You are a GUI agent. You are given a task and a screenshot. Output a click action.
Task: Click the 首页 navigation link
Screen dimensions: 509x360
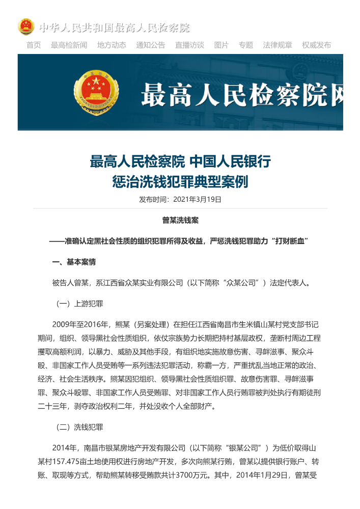34,45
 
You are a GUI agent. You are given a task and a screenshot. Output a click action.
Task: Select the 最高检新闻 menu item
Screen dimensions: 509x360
69,45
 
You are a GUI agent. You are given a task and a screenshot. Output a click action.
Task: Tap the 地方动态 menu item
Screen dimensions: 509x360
112,45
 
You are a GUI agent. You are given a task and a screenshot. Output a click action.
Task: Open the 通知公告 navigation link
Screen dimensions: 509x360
150,45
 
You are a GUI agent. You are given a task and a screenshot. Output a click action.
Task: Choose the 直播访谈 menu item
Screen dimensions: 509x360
189,45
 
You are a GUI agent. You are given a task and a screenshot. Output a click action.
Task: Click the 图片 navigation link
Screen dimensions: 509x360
221,45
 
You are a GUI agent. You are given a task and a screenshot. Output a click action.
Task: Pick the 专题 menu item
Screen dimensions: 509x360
246,45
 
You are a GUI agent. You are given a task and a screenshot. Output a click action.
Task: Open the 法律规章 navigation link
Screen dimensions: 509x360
278,45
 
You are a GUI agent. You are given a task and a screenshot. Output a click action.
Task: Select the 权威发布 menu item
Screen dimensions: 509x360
316,45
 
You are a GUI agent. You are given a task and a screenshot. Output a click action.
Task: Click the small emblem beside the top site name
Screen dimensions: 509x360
26,26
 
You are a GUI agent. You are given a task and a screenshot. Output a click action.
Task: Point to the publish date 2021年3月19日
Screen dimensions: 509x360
197,199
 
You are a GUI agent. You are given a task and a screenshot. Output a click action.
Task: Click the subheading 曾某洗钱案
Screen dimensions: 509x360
180,220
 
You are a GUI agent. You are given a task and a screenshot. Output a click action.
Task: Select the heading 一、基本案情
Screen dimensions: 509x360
74,262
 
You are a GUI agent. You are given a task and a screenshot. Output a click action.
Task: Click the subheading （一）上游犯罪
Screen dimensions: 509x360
79,304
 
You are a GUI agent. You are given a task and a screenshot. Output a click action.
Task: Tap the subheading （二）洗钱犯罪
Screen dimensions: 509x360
79,427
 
